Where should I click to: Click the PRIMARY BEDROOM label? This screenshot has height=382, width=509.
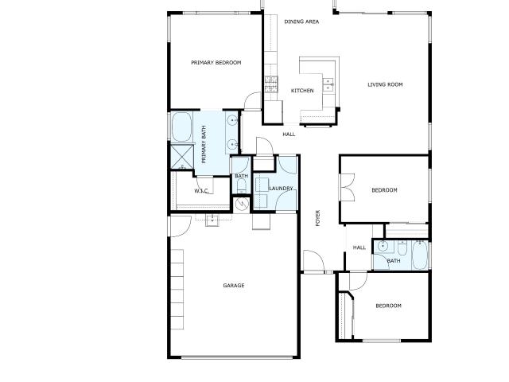click(x=216, y=62)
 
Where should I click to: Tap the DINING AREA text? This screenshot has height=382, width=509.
click(x=301, y=21)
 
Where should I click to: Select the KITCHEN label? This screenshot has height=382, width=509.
click(x=302, y=91)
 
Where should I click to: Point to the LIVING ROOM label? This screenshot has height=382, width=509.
click(x=385, y=84)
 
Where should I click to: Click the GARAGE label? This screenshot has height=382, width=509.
click(x=234, y=286)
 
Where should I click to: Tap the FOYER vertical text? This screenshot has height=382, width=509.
click(x=318, y=218)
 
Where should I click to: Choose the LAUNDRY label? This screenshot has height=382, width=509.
click(x=281, y=188)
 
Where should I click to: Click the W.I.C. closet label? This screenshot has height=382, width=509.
click(x=201, y=191)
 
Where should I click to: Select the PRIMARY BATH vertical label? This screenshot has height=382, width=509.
click(x=204, y=145)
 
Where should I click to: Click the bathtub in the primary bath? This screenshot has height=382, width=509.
click(x=181, y=127)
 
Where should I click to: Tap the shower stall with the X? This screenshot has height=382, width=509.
click(x=182, y=158)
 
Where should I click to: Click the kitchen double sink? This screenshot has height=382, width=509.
click(x=328, y=84)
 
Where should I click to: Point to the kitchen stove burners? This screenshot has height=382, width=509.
click(x=271, y=84)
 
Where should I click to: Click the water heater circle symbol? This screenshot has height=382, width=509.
click(x=242, y=204)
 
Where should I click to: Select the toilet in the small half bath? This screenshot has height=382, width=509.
click(x=241, y=186)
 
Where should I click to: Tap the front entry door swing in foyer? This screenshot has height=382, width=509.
click(x=313, y=261)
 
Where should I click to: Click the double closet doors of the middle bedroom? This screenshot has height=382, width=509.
click(x=347, y=188)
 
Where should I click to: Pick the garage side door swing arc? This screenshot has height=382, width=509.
click(x=181, y=226)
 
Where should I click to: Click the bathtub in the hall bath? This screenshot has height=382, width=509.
click(x=420, y=255)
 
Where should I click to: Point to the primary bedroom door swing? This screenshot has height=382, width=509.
click(x=253, y=101)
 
